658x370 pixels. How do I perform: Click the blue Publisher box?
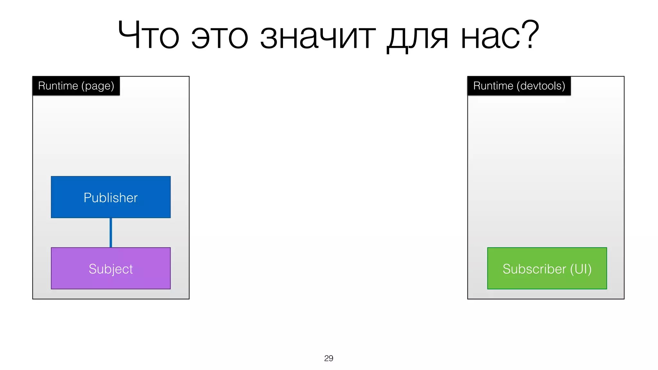111,197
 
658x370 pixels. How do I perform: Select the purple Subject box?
111,269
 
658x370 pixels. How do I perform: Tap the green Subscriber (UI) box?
547,269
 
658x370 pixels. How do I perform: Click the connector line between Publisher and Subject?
111,233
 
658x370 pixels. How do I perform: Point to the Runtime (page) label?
76,86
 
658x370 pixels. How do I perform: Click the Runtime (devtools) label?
519,86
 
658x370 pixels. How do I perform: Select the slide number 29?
329,358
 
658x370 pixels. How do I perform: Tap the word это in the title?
220,37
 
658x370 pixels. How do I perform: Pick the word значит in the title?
317,37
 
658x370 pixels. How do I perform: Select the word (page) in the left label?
98,86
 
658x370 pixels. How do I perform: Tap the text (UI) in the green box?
581,269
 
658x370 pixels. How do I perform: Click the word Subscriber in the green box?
534,269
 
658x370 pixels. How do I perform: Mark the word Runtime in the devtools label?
493,86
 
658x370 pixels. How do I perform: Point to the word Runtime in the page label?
58,86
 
